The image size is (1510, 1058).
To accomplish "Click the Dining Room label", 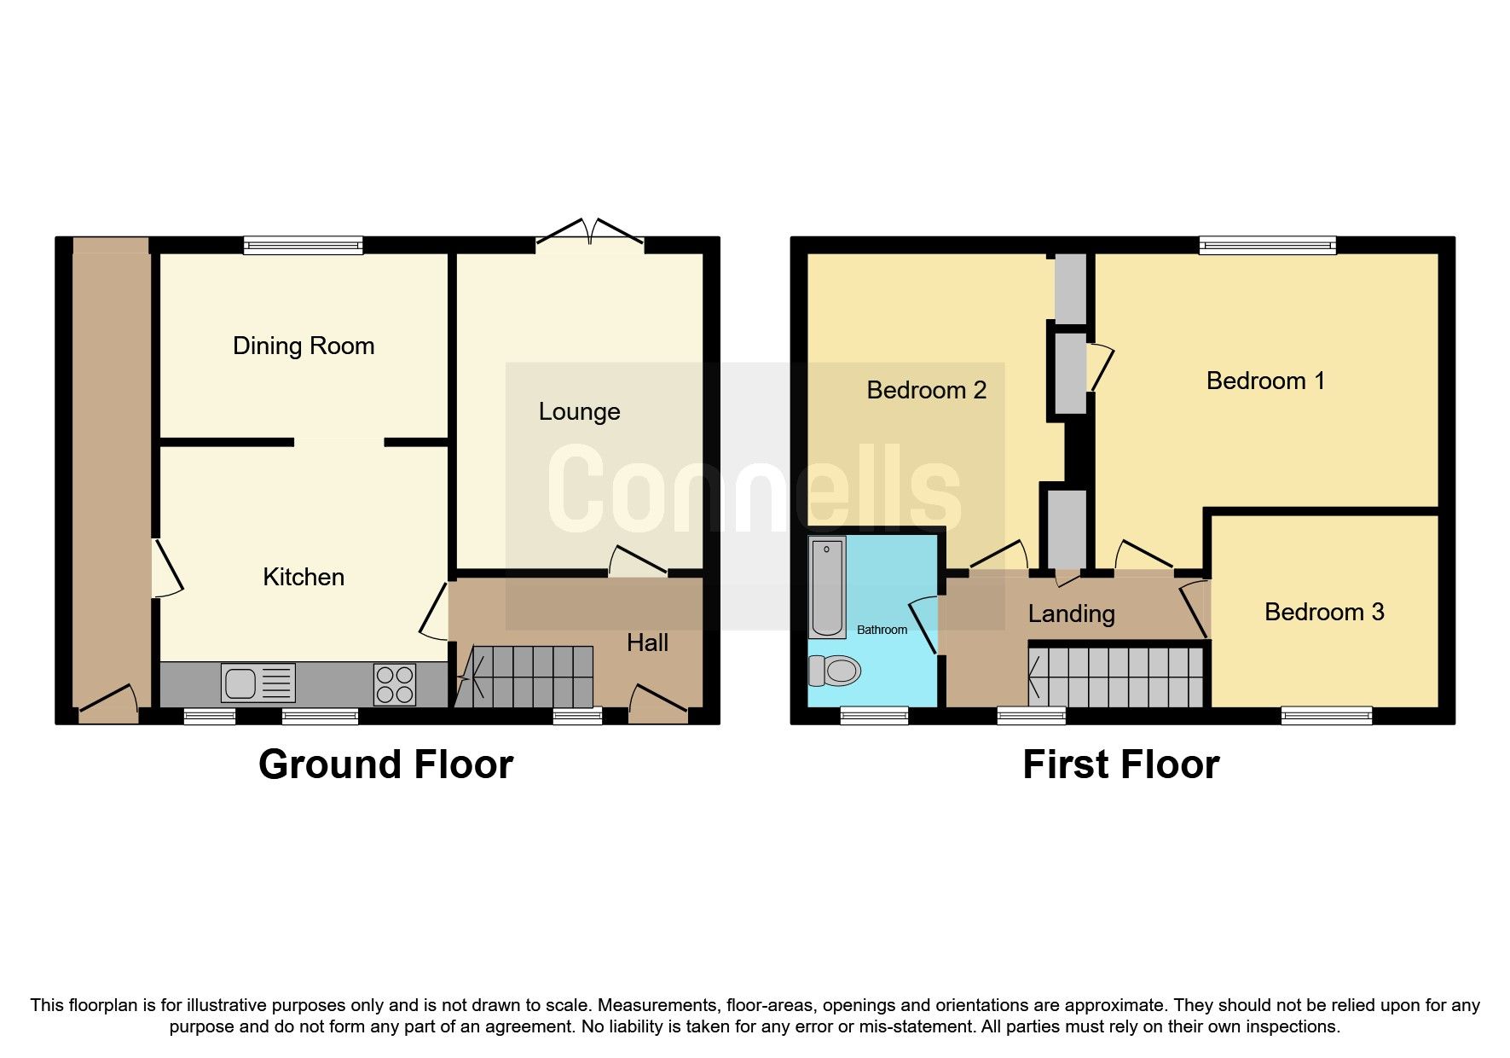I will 304,346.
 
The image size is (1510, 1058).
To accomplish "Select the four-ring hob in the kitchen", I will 394,683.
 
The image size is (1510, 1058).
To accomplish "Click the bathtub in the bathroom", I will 826,588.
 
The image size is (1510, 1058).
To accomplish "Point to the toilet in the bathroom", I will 833,671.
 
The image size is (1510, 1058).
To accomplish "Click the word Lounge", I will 579,411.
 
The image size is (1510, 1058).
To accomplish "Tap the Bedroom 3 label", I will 1323,611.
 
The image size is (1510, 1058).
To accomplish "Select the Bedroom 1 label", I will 1265,381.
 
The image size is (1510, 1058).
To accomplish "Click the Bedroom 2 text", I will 926,390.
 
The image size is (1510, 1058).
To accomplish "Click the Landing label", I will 1071,613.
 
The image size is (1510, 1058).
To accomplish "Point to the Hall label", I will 647,642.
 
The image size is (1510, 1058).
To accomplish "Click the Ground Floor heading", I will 385,764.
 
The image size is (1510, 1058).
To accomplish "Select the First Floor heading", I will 1120,764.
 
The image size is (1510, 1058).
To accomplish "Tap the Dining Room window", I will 303,246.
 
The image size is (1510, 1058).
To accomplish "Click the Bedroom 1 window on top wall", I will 1267,246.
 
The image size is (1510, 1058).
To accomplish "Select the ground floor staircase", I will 524,677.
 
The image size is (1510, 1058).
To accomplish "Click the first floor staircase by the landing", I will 1117,677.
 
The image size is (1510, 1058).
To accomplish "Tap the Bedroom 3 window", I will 1326,715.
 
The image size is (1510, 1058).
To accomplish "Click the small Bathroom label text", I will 882,630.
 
